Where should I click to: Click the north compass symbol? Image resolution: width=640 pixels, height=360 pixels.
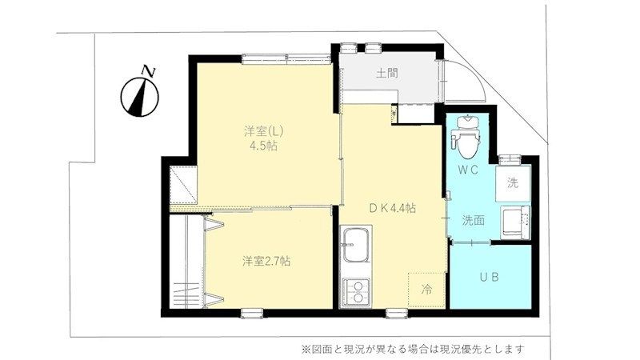[140, 94]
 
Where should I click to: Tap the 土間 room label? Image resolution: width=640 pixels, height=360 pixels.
[386, 74]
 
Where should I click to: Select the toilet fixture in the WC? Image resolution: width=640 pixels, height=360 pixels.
[466, 137]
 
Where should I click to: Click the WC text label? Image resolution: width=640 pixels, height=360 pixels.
[468, 170]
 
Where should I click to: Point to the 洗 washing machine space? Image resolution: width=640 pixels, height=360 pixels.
[513, 183]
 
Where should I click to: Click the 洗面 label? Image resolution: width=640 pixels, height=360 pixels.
[474, 221]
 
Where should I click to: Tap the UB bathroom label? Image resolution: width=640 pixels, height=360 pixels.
[489, 277]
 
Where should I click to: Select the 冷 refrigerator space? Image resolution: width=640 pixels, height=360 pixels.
[426, 290]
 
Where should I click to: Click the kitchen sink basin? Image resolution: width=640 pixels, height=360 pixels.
[355, 245]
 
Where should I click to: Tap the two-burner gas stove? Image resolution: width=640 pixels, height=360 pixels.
[355, 292]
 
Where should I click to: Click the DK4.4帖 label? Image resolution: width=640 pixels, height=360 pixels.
[392, 208]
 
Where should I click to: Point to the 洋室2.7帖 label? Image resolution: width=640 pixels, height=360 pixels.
[266, 262]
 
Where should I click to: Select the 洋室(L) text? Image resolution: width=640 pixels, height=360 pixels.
[263, 131]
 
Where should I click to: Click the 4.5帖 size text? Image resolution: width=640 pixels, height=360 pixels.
[264, 146]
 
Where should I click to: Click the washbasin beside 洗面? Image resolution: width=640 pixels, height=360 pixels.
[515, 222]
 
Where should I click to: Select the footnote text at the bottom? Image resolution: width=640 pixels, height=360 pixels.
[412, 350]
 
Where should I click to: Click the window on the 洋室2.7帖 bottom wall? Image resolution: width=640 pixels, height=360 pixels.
[252, 313]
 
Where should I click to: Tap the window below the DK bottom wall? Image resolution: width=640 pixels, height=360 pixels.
[397, 313]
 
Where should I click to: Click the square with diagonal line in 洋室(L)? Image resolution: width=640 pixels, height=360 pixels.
[183, 185]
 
